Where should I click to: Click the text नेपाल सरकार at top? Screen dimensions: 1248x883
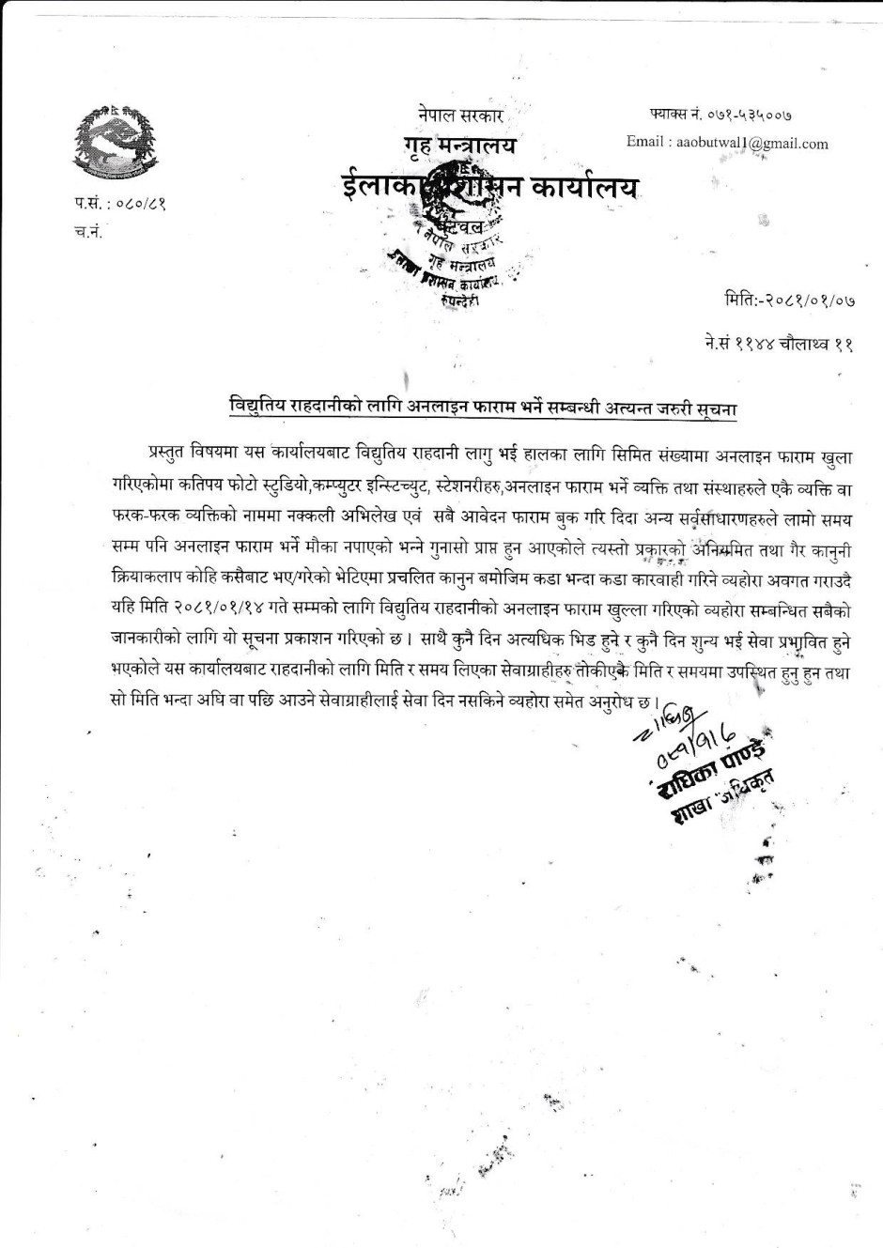pos(461,116)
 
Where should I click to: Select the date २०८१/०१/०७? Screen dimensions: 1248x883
pos(808,301)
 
